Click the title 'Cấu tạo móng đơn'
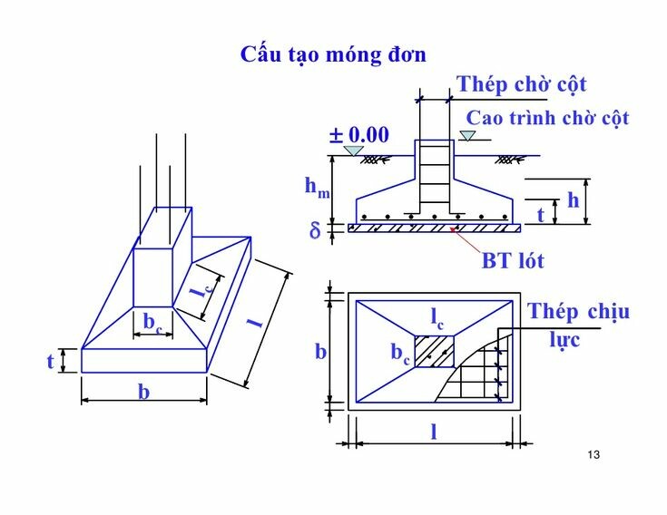point(333,53)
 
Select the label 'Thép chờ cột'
point(522,84)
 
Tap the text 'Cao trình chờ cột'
point(547,118)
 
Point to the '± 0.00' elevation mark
point(359,135)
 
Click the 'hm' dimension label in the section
point(317,187)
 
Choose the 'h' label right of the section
point(573,200)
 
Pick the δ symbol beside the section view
point(315,231)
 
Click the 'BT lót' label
point(512,261)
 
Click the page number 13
point(595,455)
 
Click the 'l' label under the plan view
point(434,432)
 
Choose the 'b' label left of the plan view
point(320,351)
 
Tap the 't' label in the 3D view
point(51,361)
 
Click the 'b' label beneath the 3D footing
point(143,392)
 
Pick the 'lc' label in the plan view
point(437,317)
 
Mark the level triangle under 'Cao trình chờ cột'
point(467,137)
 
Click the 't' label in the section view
point(541,215)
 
